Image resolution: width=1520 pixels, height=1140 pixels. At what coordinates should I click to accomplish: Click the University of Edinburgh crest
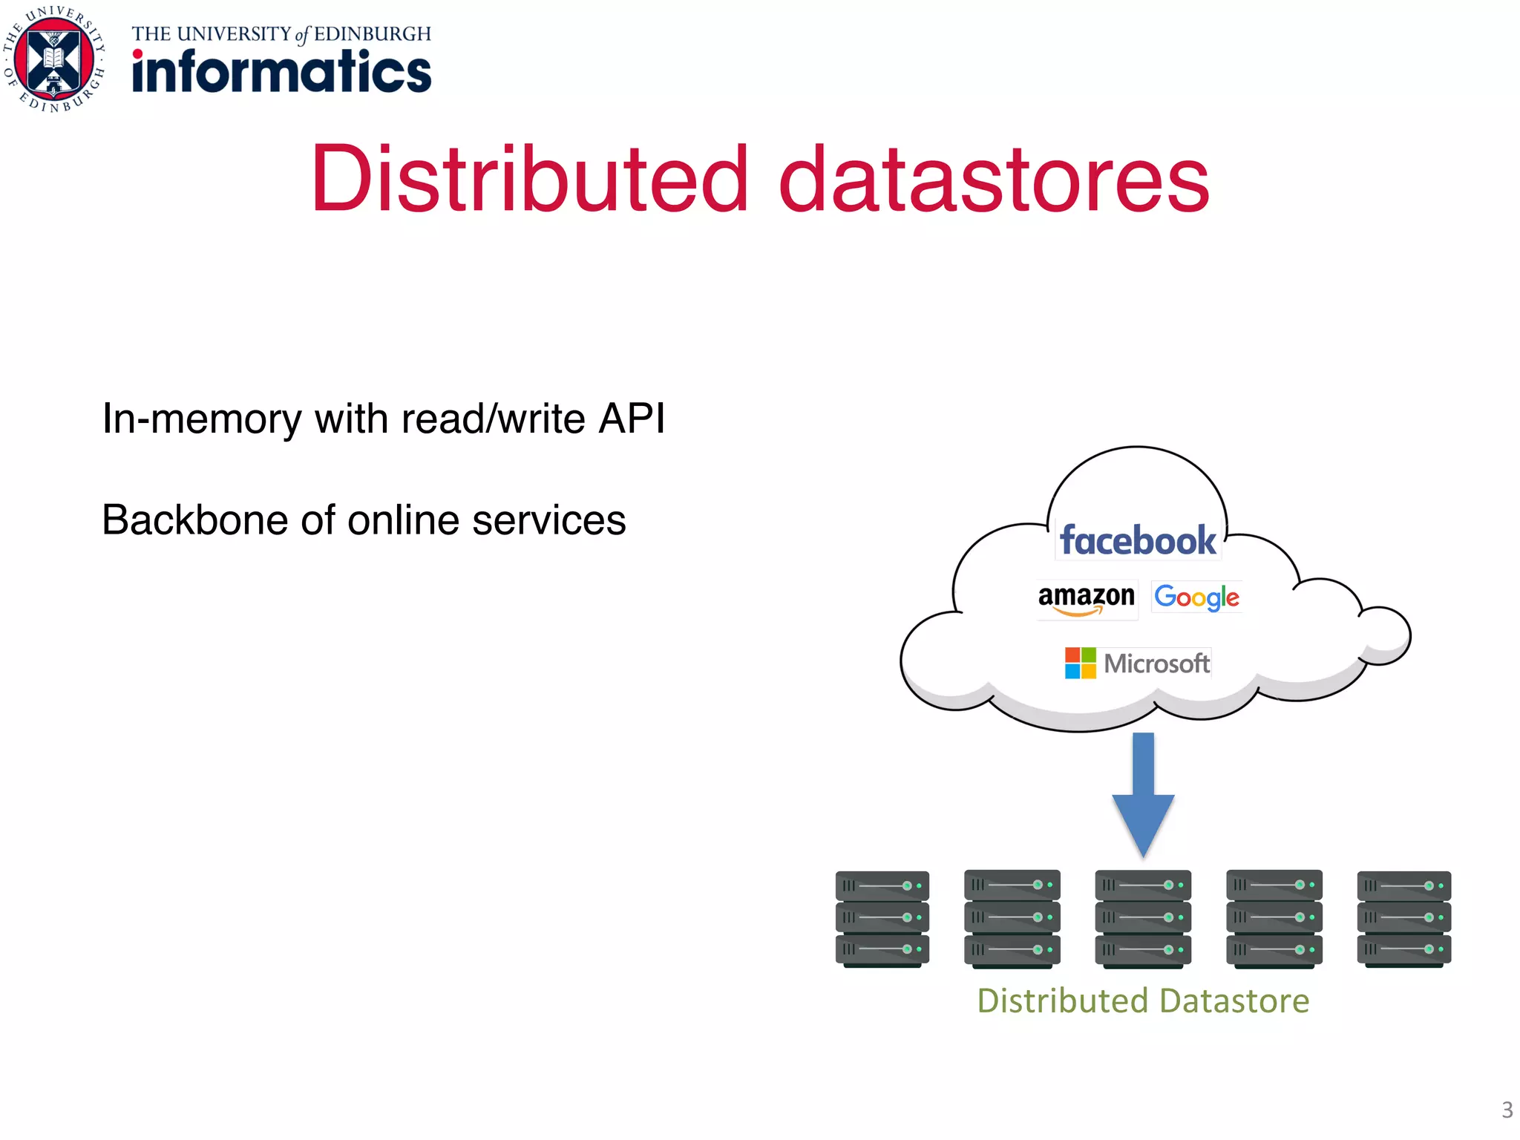[54, 59]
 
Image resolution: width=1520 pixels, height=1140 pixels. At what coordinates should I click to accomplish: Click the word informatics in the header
[282, 72]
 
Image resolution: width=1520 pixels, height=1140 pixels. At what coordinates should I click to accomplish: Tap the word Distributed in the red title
[529, 179]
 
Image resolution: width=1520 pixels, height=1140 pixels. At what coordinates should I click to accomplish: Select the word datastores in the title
[994, 179]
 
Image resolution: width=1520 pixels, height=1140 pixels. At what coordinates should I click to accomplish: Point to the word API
[632, 418]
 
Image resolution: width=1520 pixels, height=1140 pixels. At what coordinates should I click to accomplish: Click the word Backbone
[194, 520]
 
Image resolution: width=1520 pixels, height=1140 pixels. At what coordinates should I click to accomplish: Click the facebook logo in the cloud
[1138, 540]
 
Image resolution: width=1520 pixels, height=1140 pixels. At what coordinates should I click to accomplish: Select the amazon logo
[1087, 598]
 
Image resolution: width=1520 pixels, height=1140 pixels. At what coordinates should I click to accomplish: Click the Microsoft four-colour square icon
[1080, 663]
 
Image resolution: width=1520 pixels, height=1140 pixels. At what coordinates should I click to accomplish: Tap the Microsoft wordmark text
[1156, 664]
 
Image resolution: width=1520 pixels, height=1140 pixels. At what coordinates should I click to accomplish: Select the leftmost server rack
[882, 919]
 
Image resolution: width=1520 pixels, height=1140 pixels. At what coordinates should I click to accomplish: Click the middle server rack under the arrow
[1143, 919]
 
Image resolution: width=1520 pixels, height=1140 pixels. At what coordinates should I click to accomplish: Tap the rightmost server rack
[1403, 919]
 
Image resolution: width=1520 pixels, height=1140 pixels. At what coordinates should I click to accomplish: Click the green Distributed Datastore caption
[1143, 1001]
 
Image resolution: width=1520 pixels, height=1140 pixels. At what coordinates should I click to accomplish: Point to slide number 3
[1507, 1110]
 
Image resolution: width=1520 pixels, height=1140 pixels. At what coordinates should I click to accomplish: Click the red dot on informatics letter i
[138, 54]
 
